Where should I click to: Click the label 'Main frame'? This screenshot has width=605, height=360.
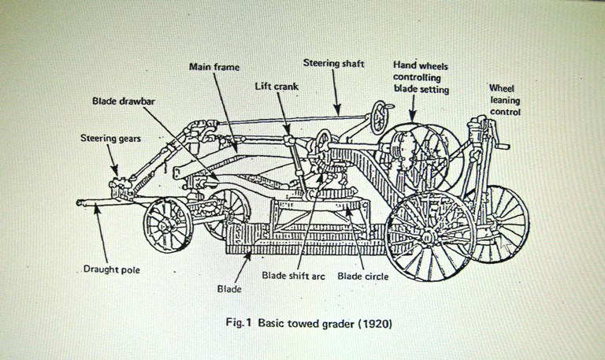click(214, 67)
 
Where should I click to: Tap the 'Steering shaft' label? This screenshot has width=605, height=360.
click(333, 63)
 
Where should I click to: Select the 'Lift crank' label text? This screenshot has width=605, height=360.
click(276, 87)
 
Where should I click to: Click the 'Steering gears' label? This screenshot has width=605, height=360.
click(110, 139)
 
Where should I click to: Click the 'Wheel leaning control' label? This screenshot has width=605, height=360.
click(504, 100)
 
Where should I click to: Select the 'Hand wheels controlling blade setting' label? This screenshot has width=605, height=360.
click(421, 77)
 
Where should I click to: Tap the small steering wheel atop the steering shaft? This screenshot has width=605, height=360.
click(380, 116)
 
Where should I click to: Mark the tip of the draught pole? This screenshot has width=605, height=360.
click(80, 203)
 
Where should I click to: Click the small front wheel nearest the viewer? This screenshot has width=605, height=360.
click(168, 225)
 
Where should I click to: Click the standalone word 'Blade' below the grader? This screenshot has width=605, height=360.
click(228, 289)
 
